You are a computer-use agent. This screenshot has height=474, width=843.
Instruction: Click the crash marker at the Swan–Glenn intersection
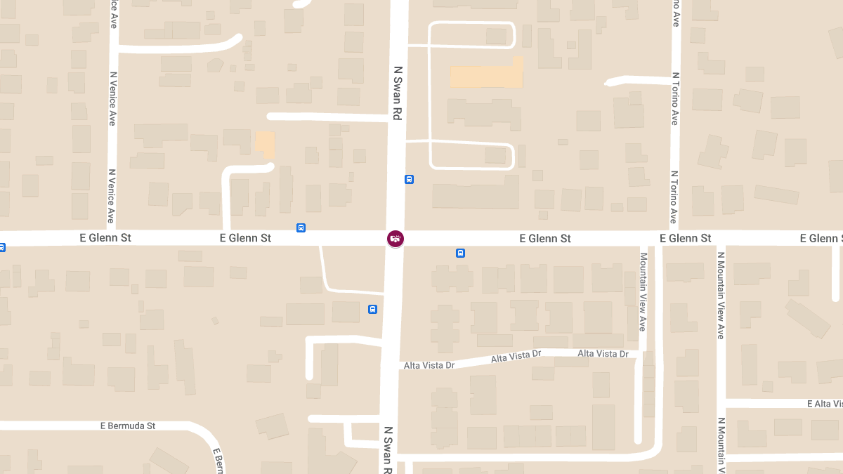coord(396,239)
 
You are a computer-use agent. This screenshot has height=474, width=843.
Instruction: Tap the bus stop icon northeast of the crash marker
coord(409,179)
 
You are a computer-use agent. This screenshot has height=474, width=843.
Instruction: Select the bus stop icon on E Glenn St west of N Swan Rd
coord(301,228)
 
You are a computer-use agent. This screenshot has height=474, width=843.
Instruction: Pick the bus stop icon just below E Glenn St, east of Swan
coord(460,253)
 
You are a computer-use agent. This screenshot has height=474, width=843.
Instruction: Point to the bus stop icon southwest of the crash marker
coord(372,309)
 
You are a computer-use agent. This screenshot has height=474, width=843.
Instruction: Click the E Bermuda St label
coord(127,426)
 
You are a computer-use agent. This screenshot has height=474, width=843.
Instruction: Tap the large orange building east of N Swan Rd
coord(487,74)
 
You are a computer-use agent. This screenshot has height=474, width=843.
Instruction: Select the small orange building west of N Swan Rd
coord(265,145)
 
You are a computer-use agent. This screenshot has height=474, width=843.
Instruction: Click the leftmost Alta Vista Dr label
coord(429,365)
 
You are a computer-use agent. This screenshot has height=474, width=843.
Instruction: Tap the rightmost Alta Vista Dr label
coord(603,354)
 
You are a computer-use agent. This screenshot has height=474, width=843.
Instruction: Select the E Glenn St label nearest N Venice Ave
coord(105,238)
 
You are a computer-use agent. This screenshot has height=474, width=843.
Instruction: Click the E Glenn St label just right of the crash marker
coord(545,239)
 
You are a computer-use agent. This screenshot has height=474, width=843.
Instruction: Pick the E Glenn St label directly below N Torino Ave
coord(686,239)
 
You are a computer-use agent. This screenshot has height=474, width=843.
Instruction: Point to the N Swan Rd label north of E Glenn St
coord(398,93)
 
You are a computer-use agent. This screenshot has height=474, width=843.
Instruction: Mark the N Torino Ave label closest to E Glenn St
coord(674,197)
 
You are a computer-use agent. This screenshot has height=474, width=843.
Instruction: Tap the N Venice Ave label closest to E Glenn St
coord(112,195)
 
